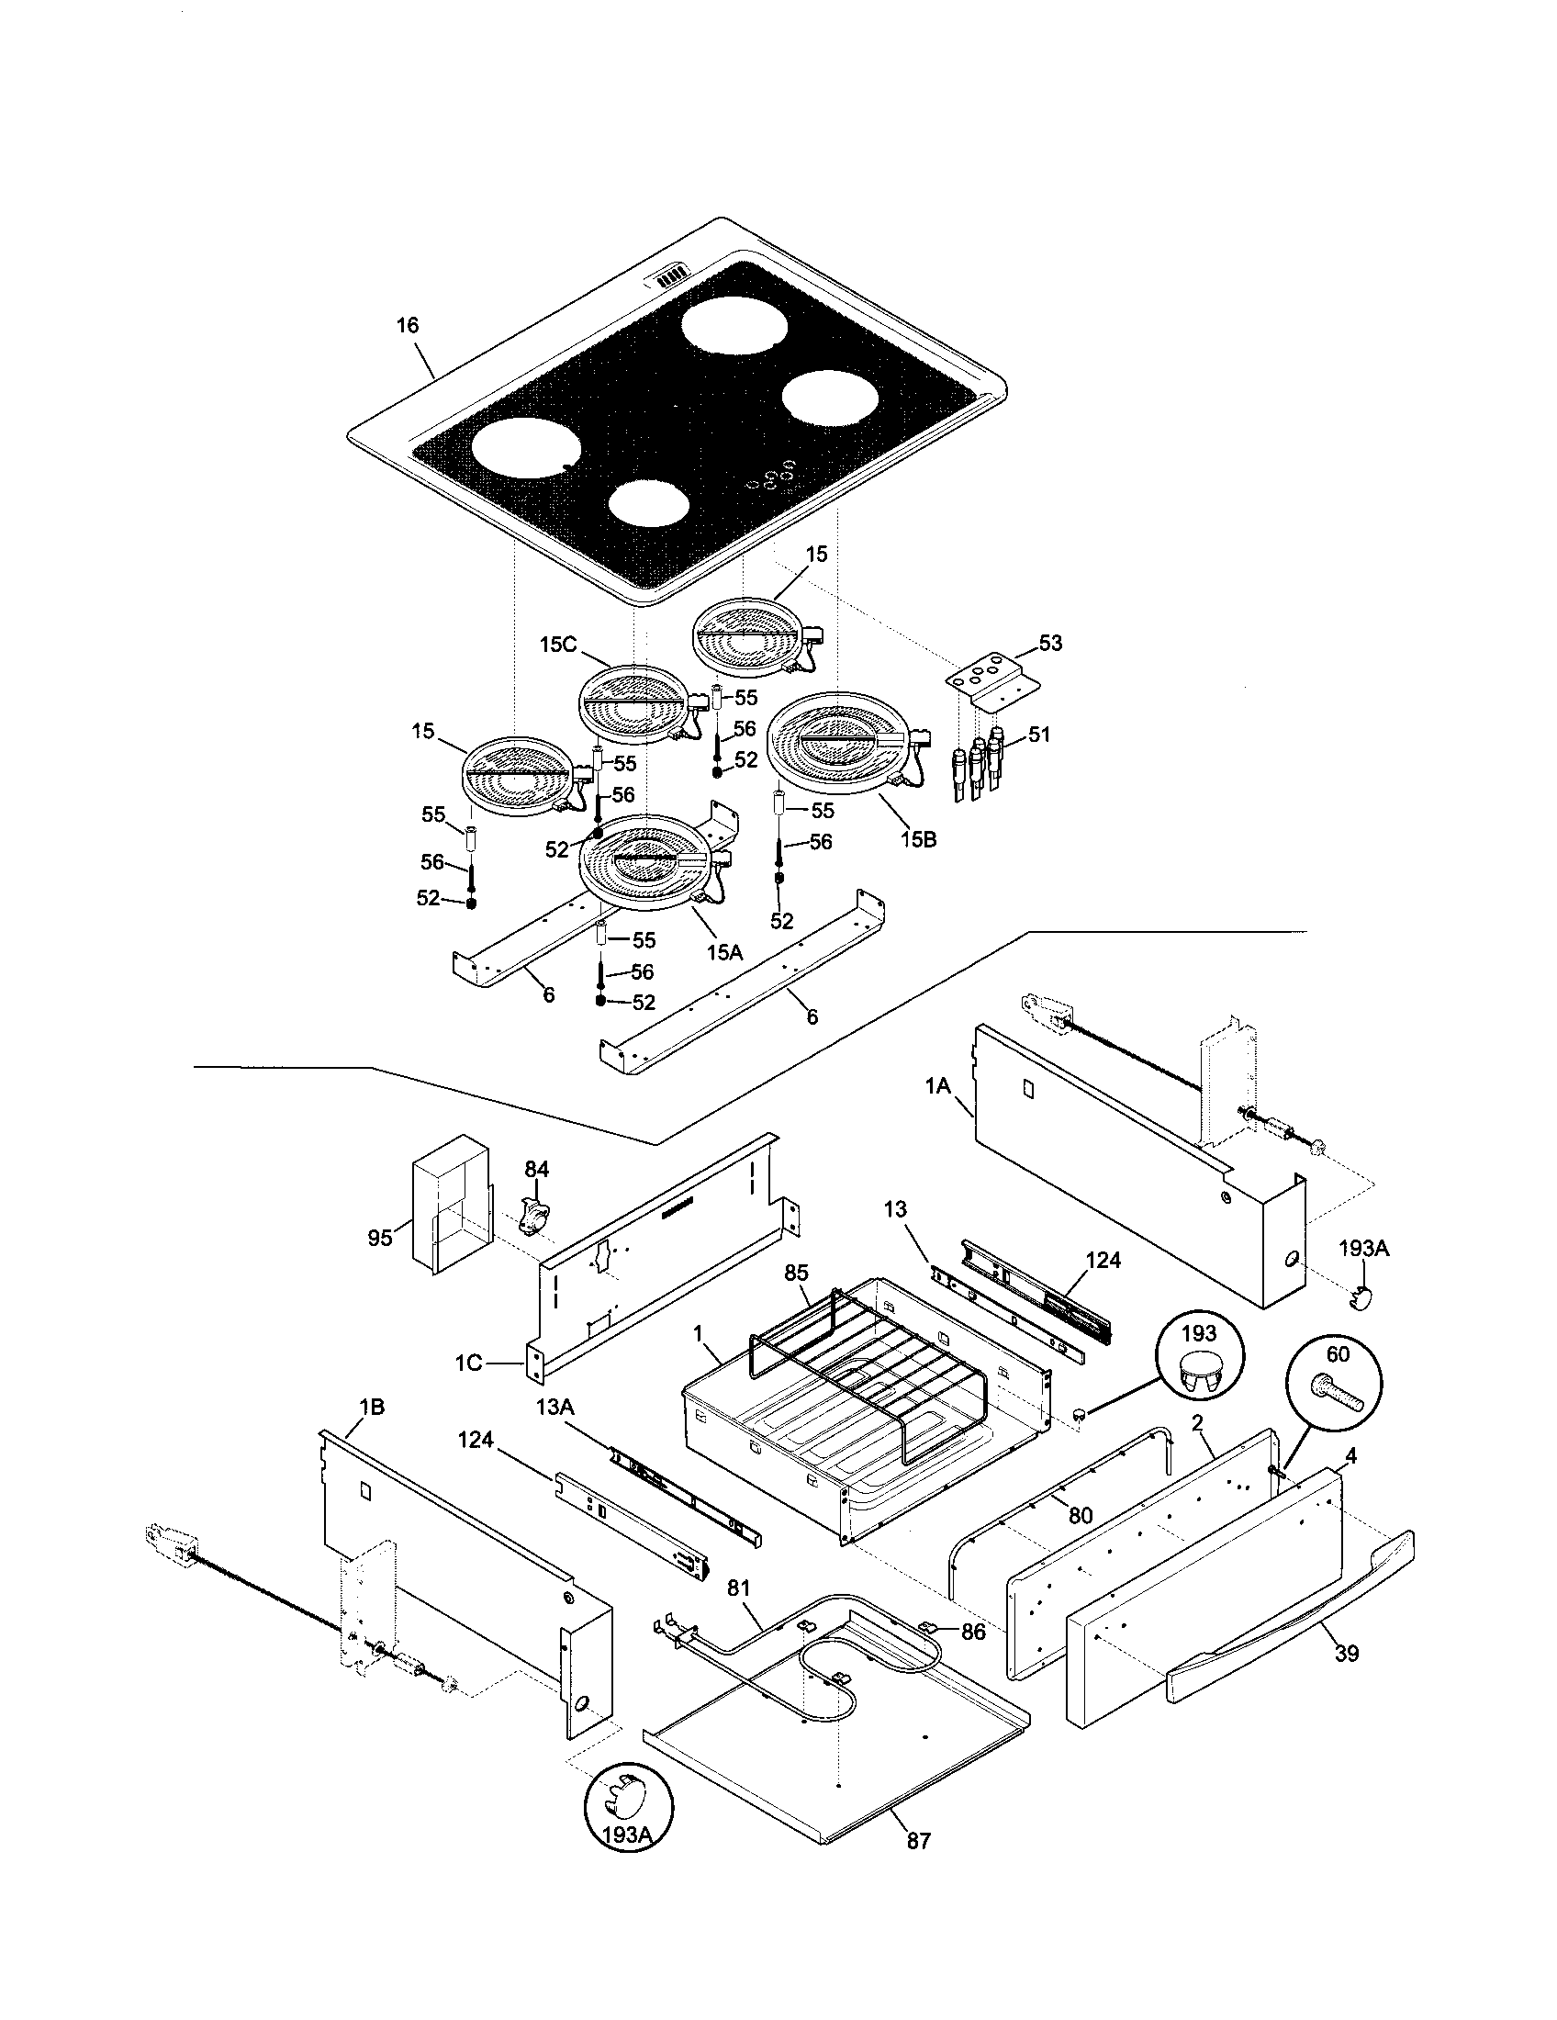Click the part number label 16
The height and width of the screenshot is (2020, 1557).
408,326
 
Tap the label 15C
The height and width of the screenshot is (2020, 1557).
557,644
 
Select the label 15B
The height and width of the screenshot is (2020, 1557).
917,839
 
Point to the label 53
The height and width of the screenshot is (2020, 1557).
1050,643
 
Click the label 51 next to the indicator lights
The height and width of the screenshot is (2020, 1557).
1039,735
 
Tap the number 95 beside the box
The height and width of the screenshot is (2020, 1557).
380,1238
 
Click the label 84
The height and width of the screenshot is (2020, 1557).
537,1170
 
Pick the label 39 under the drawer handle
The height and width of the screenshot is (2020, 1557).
1346,1653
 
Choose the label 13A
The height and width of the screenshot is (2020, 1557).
555,1432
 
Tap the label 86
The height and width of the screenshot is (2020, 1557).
972,1632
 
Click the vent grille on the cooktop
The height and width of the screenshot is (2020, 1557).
672,275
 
